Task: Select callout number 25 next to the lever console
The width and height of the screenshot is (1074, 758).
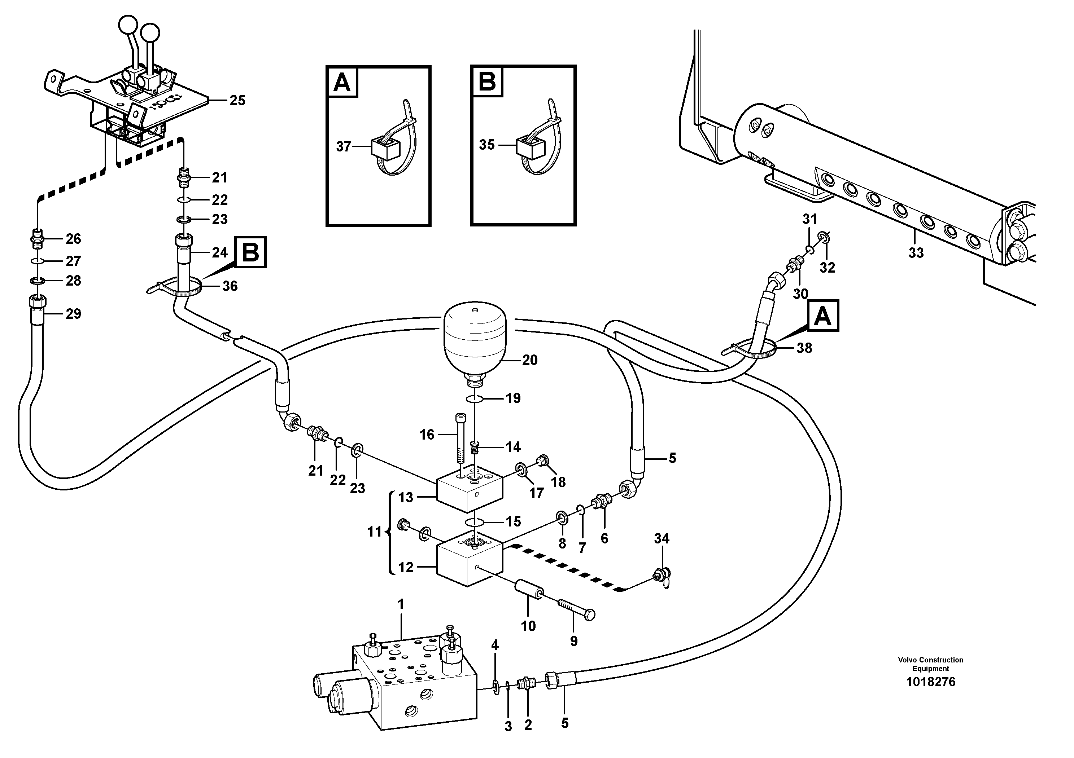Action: (237, 101)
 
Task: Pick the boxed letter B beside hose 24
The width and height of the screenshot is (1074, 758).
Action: (251, 253)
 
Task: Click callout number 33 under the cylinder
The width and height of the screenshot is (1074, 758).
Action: (916, 253)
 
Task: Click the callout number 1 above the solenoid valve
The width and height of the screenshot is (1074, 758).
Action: (401, 605)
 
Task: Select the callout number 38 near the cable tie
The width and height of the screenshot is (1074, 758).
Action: (804, 348)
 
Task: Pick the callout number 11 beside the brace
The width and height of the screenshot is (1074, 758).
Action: (374, 532)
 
